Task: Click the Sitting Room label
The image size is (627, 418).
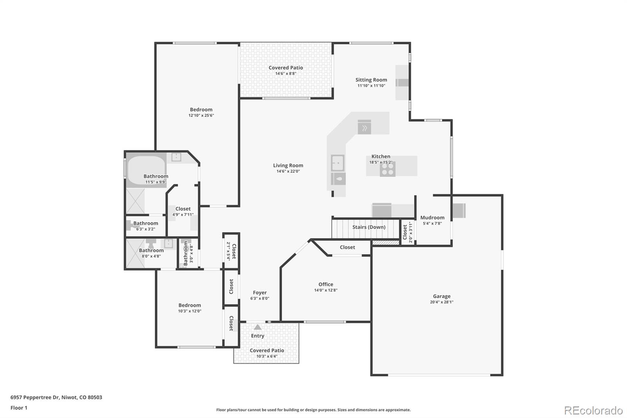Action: (x=371, y=80)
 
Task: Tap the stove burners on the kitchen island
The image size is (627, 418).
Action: (x=388, y=169)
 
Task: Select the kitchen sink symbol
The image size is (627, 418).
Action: (x=337, y=163)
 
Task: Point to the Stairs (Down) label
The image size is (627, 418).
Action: (x=369, y=227)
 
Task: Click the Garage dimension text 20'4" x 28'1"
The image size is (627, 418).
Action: (x=442, y=302)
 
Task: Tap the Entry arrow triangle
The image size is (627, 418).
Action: (x=257, y=327)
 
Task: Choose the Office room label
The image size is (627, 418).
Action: (x=326, y=284)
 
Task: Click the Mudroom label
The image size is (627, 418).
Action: (x=432, y=218)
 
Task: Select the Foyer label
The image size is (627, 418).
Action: (x=259, y=293)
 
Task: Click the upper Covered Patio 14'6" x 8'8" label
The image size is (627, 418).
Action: (x=286, y=68)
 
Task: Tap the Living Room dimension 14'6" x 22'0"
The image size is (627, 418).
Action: (x=288, y=171)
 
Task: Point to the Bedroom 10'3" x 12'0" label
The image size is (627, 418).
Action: (x=190, y=305)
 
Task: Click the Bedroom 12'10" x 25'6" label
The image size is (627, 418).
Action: (x=201, y=110)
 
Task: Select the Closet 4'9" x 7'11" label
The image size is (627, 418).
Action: (x=183, y=209)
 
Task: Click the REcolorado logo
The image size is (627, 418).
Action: (x=593, y=410)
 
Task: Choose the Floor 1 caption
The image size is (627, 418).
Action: (x=19, y=408)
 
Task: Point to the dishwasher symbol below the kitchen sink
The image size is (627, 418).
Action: (x=338, y=179)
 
